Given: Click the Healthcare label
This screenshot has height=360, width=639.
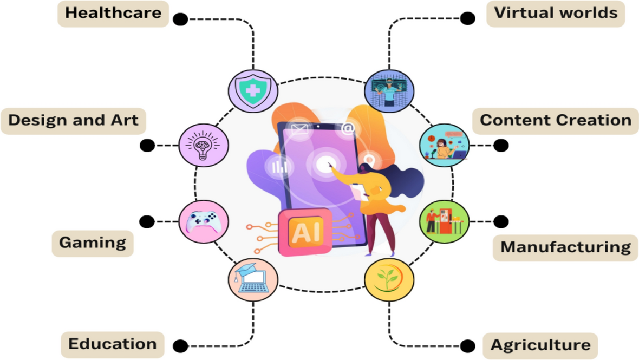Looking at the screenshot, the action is pos(113,13).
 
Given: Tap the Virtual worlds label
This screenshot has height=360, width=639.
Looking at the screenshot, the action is pos(556,13).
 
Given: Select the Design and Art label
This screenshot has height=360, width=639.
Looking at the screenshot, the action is pos(73,121).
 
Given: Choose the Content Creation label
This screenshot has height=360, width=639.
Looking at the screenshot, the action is pos(556,121).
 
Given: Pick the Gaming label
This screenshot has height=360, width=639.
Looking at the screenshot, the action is pos(93,243).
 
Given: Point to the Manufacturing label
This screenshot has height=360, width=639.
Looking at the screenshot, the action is pos(565,247).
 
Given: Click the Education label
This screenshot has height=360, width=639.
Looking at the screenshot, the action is pos(113,344).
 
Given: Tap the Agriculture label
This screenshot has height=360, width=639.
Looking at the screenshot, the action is pos(540,345).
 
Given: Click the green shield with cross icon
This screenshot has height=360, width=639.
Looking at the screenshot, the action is pos(253,90).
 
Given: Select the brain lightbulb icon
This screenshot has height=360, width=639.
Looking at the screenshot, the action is pos(203,145).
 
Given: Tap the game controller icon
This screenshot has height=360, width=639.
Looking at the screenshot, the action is pos(203,221).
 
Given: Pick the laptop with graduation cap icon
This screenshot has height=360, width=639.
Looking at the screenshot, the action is pos(253,279).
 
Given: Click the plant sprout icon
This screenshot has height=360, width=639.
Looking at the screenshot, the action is pos(389,279).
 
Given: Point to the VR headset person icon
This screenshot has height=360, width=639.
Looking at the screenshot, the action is pos(389,90).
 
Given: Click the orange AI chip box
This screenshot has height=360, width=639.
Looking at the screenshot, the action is pos(305,232).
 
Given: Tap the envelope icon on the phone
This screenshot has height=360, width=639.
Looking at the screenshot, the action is pos(299,129).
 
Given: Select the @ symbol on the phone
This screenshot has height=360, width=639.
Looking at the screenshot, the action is pos(348,128).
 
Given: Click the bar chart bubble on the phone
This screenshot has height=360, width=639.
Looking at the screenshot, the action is pos(279,167).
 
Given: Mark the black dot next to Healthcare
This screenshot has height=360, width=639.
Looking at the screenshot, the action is pos(180,19).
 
